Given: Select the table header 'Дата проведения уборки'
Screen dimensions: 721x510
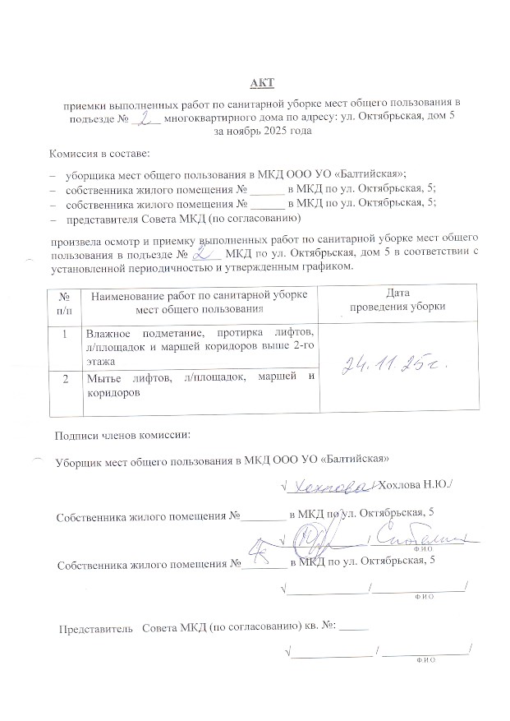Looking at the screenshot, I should coord(397,300).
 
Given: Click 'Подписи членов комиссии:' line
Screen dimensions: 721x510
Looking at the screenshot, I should coord(122,434).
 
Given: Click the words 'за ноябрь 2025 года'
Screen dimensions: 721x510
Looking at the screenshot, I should coord(262,131).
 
